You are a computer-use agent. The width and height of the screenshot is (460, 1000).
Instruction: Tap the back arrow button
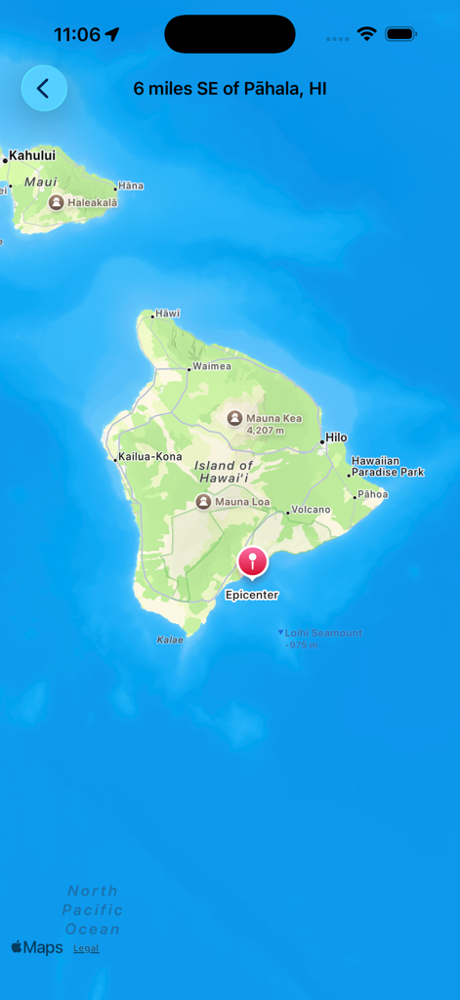tap(44, 88)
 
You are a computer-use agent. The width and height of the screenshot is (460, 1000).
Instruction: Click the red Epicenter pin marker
tap(252, 562)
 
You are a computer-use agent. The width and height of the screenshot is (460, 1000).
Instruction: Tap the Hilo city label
tap(336, 437)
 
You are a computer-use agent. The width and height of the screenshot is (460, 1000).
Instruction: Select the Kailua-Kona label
tap(149, 457)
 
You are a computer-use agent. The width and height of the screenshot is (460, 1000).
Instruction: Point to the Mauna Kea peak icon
tap(234, 418)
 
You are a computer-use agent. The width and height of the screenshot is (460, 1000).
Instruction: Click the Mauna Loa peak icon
tap(203, 502)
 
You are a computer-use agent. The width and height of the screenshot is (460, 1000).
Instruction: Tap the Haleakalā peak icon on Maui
tap(57, 202)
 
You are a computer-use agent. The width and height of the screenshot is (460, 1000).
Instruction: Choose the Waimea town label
tap(212, 366)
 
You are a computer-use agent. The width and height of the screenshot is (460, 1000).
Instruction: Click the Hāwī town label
tap(168, 313)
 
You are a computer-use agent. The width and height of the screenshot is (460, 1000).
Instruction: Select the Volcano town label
tap(312, 510)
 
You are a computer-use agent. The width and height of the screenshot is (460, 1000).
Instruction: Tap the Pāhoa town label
tap(372, 494)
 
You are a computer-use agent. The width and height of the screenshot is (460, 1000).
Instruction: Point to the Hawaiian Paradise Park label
tap(388, 466)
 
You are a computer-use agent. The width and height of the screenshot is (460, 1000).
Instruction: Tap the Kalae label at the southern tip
tap(170, 640)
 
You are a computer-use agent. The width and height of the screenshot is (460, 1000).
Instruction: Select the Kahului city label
tap(31, 155)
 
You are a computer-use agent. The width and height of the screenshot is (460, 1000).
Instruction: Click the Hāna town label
tap(130, 186)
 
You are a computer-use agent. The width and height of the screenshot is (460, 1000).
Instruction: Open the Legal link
tap(86, 948)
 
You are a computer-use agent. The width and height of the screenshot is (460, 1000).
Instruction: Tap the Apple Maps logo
tap(37, 947)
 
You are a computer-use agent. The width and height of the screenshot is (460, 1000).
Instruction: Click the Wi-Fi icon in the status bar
tap(366, 34)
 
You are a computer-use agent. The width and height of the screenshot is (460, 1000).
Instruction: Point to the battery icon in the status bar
tap(400, 34)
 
